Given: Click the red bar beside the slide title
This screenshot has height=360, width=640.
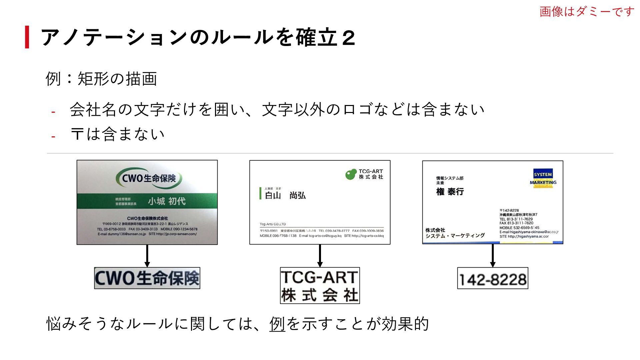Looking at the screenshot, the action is point(27,37).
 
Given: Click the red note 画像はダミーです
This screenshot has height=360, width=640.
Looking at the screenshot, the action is point(587,12).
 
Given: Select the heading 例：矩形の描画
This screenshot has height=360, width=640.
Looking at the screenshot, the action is point(101,79).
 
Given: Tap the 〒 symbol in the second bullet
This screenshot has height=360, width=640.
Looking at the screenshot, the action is point(77,134).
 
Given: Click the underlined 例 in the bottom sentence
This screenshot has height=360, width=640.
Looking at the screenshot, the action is point(277,324).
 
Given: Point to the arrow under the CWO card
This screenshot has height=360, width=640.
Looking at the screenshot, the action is point(147,256).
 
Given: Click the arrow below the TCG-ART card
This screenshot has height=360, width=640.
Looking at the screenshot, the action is point(320,256).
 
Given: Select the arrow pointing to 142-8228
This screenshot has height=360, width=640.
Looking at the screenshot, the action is point(493,256).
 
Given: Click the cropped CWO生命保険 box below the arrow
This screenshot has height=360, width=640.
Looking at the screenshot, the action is point(147,278).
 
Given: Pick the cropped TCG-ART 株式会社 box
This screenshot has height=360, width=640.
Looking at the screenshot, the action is point(320,286).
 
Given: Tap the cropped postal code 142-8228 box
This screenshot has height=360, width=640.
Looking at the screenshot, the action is point(493,278).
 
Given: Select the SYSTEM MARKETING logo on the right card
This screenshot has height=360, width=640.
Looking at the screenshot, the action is point(543,178).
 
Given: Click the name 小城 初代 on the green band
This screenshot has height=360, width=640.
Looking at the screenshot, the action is point(167,201).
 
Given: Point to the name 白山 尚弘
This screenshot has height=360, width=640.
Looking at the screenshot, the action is point(285,195).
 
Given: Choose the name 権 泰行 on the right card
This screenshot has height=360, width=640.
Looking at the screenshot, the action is point(450,192).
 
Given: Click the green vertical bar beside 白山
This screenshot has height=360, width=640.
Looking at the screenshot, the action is point(260,193).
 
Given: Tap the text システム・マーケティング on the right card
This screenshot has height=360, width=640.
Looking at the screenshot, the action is point(455,236).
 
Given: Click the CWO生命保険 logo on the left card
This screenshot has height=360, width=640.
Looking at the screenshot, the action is point(149,178).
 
